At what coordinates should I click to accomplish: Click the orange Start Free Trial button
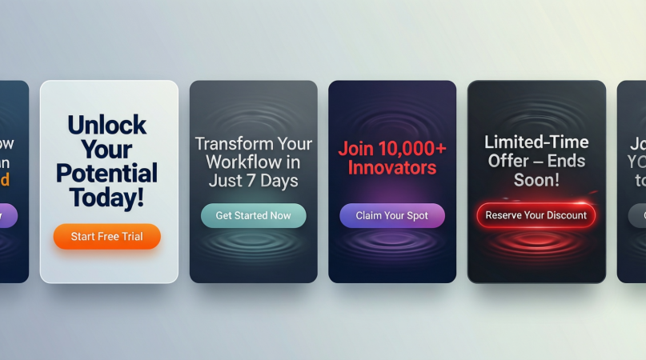[106, 237]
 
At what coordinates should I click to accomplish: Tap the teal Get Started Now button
[253, 215]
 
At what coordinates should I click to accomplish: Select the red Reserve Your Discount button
[536, 215]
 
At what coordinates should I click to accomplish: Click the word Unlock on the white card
[106, 125]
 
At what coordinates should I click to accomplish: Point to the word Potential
[106, 173]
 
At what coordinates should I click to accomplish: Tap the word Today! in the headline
[106, 197]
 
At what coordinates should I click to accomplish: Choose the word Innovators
[392, 168]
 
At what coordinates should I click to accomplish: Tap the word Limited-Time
[536, 142]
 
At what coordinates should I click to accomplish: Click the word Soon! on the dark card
[536, 180]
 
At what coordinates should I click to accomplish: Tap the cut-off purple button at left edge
[8, 215]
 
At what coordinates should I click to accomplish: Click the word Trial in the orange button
[130, 237]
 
